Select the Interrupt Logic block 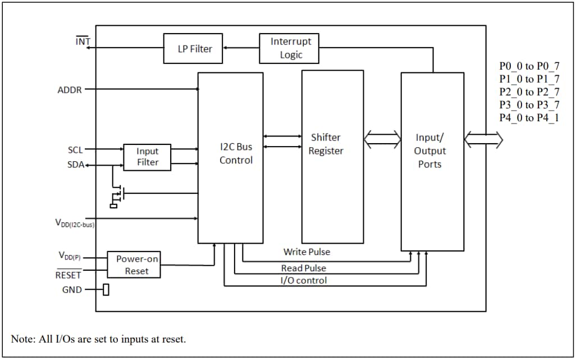pyautogui.click(x=289, y=48)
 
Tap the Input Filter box pyautogui.click(x=147, y=157)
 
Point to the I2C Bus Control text pyautogui.click(x=236, y=153)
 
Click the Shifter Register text pyautogui.click(x=326, y=144)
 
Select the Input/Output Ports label pyautogui.click(x=430, y=151)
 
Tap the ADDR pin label pyautogui.click(x=70, y=90)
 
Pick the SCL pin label pyautogui.click(x=75, y=150)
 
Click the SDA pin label pyautogui.click(x=75, y=165)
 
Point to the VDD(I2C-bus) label pyautogui.click(x=74, y=224)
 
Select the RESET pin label pyautogui.click(x=68, y=275)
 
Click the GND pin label pyautogui.click(x=72, y=290)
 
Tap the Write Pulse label pyautogui.click(x=307, y=252)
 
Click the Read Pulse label pyautogui.click(x=303, y=268)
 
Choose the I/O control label pyautogui.click(x=303, y=280)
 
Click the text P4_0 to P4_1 pyautogui.click(x=529, y=117)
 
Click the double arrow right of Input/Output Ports pyautogui.click(x=483, y=140)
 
